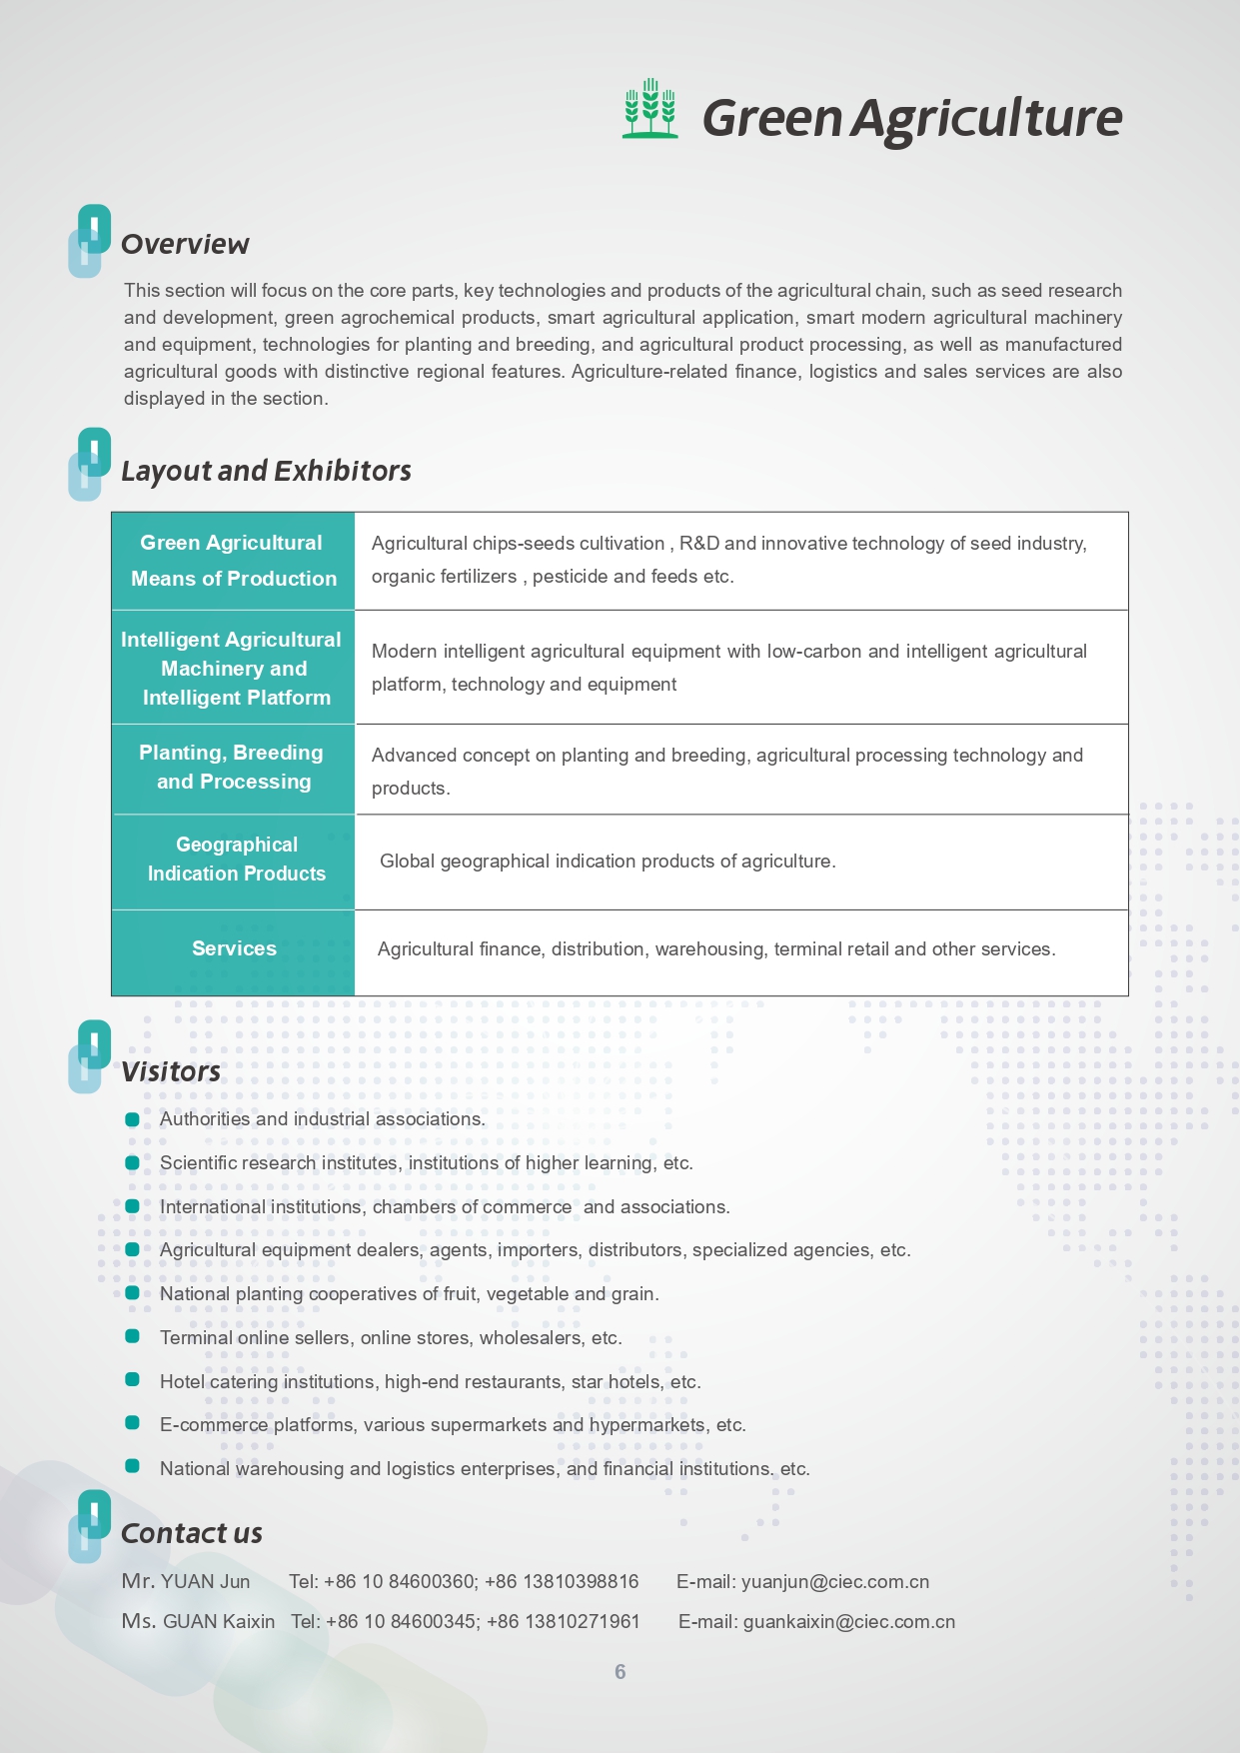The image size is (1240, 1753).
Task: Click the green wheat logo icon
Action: tap(649, 108)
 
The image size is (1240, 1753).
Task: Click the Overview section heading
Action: tap(185, 244)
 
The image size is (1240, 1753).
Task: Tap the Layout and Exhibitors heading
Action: tap(266, 471)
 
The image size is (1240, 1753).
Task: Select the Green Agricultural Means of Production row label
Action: tap(233, 561)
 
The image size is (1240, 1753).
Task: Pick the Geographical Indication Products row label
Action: tap(236, 860)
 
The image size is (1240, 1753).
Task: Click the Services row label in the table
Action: tap(234, 948)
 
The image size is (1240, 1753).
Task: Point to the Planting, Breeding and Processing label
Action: tap(233, 767)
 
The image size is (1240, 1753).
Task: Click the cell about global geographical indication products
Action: tap(608, 862)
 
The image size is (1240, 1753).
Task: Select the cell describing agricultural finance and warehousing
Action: tap(715, 949)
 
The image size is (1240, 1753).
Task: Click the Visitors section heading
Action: tap(171, 1071)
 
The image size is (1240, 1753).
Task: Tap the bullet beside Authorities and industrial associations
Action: tap(132, 1119)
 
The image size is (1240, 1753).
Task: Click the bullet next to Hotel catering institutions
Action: tap(132, 1380)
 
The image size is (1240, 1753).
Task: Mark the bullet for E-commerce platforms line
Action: tap(132, 1423)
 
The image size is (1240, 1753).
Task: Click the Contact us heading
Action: tap(191, 1533)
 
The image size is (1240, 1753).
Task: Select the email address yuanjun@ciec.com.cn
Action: tap(835, 1582)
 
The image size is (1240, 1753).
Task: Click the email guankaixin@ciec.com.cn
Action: tap(848, 1622)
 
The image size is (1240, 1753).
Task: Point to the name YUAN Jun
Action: tap(205, 1582)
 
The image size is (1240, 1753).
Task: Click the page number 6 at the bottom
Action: tap(620, 1672)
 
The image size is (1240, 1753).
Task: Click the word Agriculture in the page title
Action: tap(987, 118)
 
